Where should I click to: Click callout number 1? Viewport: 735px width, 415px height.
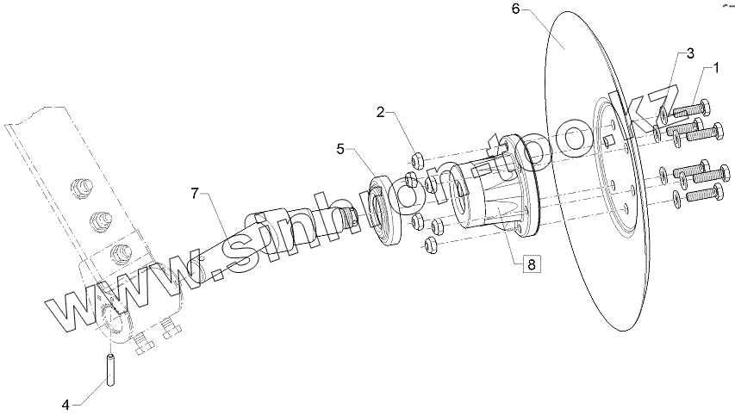(x=713, y=66)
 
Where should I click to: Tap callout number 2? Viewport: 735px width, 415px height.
(x=380, y=113)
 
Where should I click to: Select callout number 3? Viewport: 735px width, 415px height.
(x=690, y=54)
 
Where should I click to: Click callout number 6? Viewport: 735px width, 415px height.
(x=515, y=9)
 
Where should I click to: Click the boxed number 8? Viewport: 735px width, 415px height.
(x=530, y=264)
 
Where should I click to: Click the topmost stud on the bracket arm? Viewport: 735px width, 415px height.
(x=84, y=185)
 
